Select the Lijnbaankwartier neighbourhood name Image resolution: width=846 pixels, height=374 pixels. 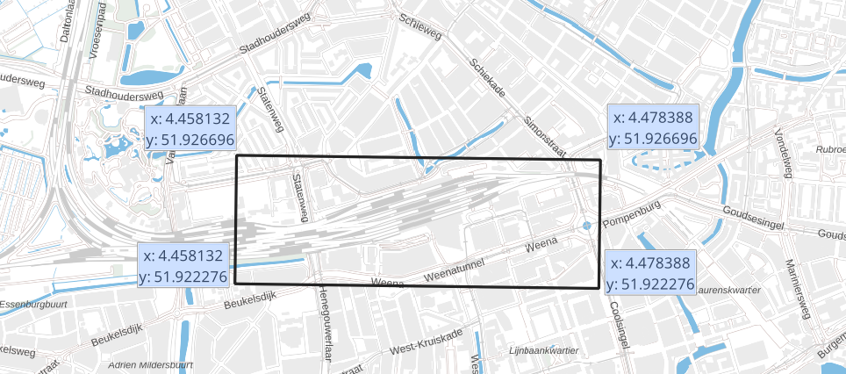click(542, 351)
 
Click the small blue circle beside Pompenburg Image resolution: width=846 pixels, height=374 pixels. click(586, 227)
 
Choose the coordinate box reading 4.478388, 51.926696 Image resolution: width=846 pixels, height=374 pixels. click(654, 127)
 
